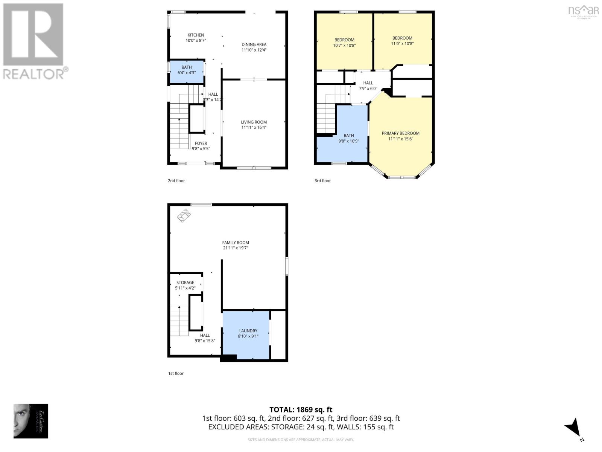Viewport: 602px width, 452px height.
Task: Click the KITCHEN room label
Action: click(x=196, y=35)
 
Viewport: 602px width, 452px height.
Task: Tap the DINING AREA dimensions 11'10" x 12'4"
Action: click(x=254, y=50)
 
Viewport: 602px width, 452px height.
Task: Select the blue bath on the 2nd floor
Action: click(x=187, y=72)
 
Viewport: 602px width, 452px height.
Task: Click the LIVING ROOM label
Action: click(x=254, y=122)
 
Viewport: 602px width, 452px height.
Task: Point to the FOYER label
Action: click(x=201, y=143)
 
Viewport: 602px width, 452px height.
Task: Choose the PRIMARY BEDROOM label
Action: click(x=400, y=133)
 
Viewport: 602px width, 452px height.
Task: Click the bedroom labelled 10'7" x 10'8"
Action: click(x=344, y=42)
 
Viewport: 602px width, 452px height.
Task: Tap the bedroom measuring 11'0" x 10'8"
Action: click(x=402, y=40)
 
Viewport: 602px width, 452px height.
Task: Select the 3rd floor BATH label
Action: click(x=349, y=136)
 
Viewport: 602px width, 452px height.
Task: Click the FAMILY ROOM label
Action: click(x=236, y=243)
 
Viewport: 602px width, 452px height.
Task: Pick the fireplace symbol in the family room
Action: click(x=184, y=215)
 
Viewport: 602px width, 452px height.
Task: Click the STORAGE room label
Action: click(x=185, y=282)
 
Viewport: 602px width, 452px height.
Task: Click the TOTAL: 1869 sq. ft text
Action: click(x=301, y=409)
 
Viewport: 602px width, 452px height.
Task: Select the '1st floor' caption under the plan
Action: click(x=176, y=373)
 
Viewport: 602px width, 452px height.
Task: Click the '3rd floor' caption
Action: click(x=322, y=181)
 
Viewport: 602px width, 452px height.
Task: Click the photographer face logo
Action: click(x=30, y=421)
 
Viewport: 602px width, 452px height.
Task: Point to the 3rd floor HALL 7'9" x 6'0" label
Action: click(x=368, y=86)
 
